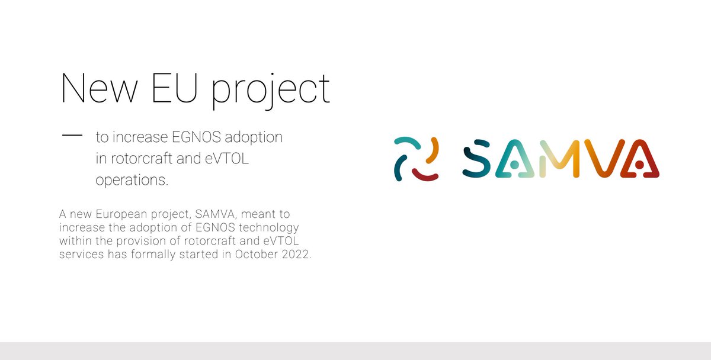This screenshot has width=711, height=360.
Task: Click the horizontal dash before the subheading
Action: [x=72, y=136]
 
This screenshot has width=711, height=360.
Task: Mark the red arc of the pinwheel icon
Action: [x=425, y=175]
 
